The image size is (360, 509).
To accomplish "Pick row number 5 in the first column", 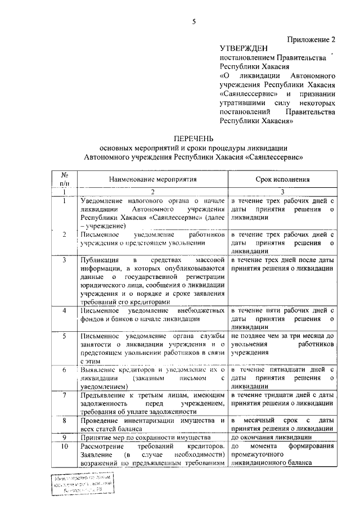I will tap(65, 336).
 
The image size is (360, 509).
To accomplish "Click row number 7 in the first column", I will tap(65, 395).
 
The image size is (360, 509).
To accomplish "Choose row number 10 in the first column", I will tap(65, 446).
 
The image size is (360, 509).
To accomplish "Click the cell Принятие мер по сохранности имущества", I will tap(145, 437).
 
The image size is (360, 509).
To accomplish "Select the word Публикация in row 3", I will tap(99, 260).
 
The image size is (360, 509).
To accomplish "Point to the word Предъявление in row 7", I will tap(105, 395).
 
